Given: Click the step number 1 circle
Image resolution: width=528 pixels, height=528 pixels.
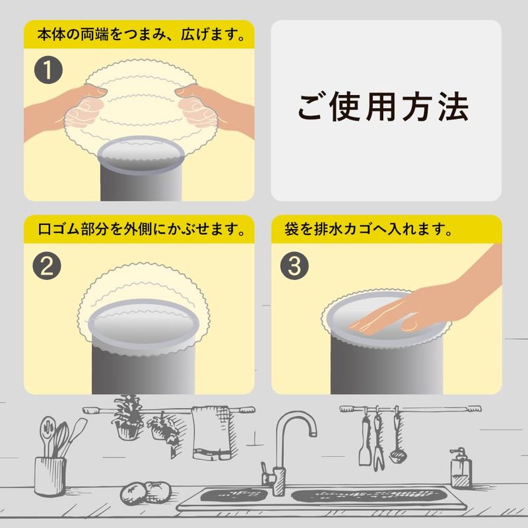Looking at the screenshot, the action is tap(48, 70).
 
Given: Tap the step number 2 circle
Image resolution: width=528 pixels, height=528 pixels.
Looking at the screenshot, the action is tap(47, 267).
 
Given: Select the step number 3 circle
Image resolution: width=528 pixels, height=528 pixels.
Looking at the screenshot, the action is tap(294, 266).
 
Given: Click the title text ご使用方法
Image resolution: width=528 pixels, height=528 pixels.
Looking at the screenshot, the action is tap(383, 108).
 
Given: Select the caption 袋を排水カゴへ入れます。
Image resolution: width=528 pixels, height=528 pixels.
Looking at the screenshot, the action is tap(368, 229).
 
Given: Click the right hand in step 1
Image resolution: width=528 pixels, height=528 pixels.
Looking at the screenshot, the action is tap(216, 108).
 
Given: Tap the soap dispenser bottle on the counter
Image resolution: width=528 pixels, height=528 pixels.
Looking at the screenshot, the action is tap(461, 468).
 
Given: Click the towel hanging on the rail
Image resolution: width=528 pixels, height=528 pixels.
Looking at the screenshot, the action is tap(212, 433).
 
